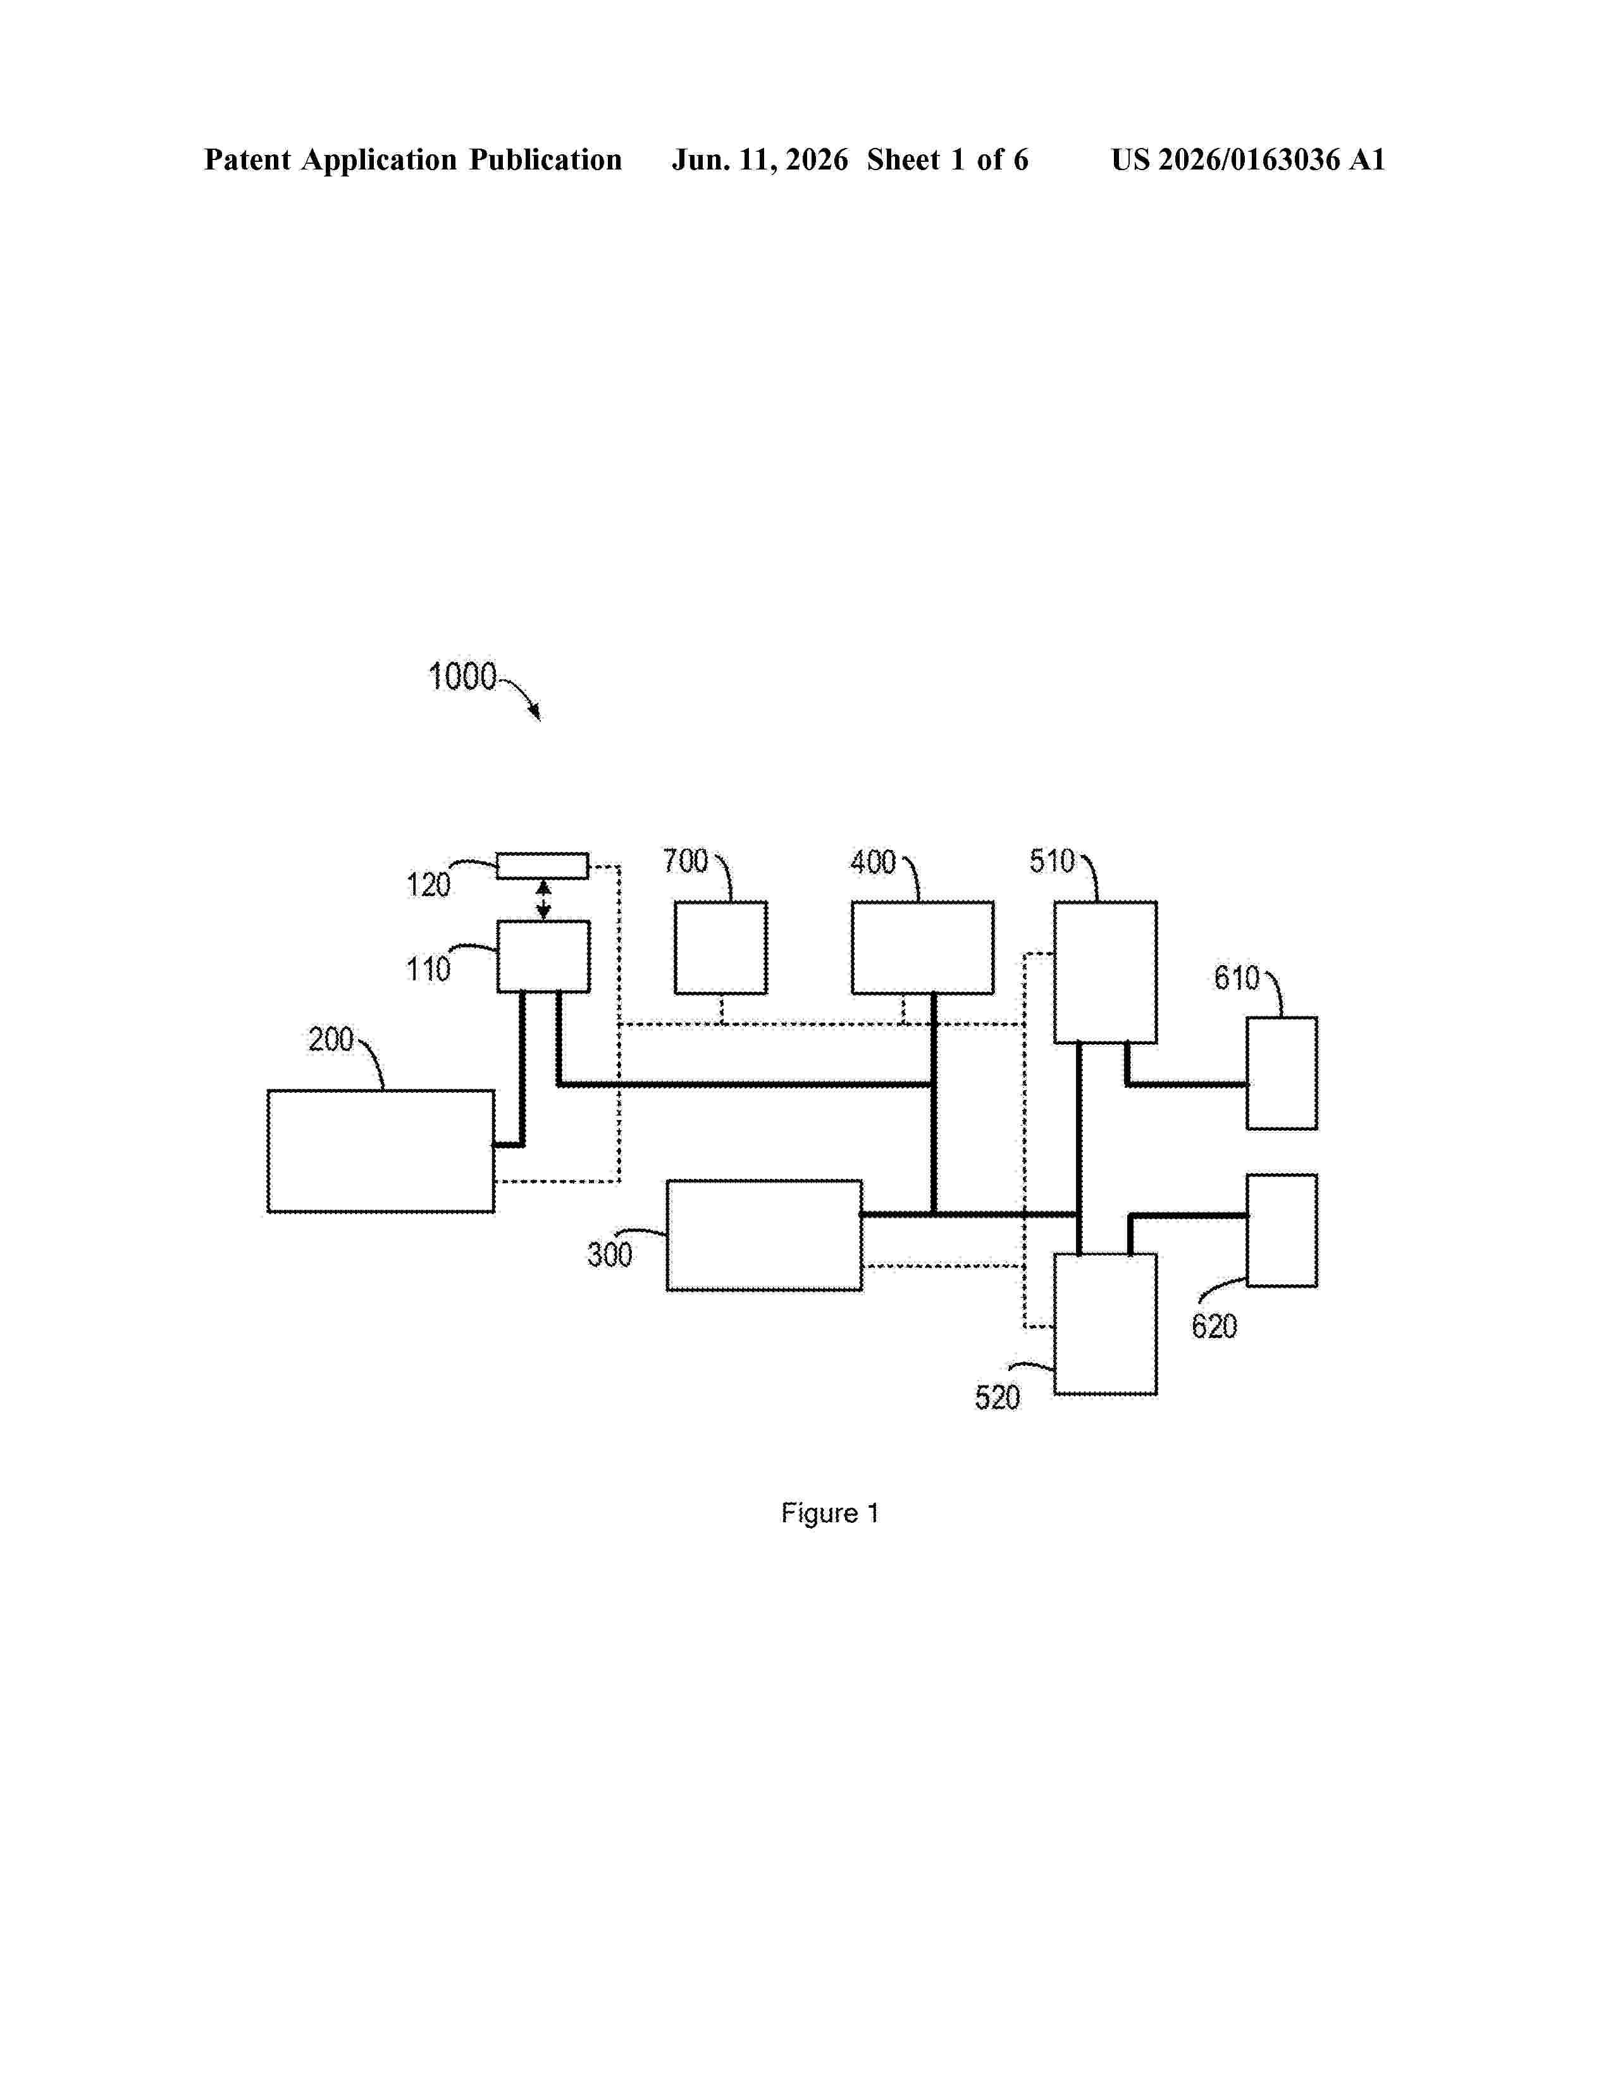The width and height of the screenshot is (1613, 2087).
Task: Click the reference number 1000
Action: pos(462,677)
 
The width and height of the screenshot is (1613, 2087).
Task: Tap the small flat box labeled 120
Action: pos(542,866)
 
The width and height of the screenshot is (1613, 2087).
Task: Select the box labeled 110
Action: pos(543,956)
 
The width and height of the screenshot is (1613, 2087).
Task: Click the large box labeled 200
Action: pos(380,1152)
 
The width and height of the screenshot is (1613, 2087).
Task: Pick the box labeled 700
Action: pos(720,947)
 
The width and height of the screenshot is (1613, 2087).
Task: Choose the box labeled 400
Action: pos(922,947)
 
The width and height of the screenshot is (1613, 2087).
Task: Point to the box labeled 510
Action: pos(1106,972)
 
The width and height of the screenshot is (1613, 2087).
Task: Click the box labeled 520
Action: pos(1106,1324)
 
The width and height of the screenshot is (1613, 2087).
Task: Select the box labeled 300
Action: pos(765,1236)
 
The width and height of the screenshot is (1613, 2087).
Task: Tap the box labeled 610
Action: pos(1282,1073)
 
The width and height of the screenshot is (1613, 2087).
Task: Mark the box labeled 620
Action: pos(1282,1231)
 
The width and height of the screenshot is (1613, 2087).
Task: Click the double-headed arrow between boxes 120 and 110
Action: pos(543,900)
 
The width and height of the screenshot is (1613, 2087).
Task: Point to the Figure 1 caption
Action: pos(829,1513)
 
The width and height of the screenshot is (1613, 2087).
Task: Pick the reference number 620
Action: pos(1214,1326)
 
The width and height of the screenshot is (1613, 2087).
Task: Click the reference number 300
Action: pos(610,1255)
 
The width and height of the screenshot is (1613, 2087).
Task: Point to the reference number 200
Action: pos(331,1040)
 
